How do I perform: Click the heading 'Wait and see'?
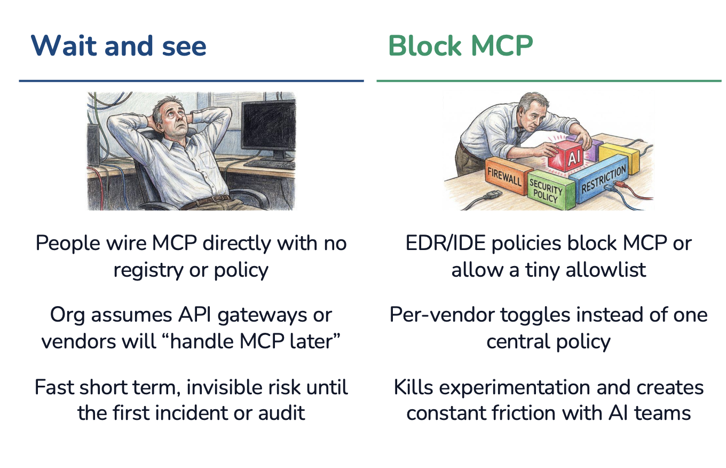pos(119,46)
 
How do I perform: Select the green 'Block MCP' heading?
pos(460,46)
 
